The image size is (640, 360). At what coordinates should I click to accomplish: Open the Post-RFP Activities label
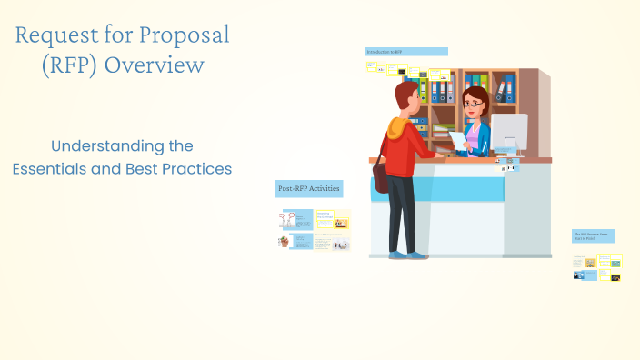[x=309, y=189]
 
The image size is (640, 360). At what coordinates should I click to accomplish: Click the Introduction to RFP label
[x=405, y=52]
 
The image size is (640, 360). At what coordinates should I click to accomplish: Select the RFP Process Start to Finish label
[x=594, y=235]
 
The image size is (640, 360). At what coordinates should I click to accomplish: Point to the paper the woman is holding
[x=457, y=139]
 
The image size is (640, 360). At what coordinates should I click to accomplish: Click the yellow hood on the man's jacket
[x=398, y=126]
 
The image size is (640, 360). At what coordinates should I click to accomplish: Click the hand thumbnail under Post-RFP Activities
[x=285, y=242]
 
